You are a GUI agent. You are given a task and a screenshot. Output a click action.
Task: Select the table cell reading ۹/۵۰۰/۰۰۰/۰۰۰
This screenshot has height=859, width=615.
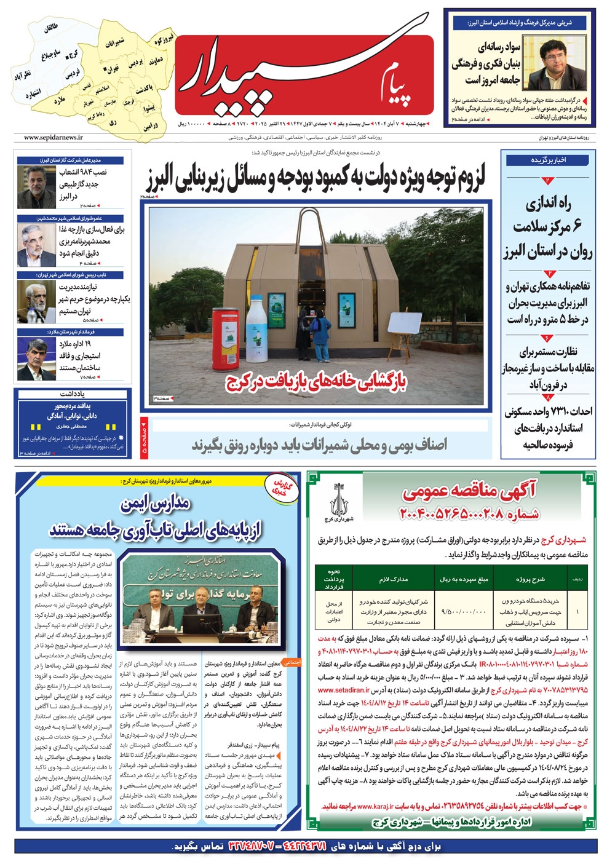tap(463, 611)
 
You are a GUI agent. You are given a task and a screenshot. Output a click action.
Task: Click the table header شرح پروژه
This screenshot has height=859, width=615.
tap(531, 579)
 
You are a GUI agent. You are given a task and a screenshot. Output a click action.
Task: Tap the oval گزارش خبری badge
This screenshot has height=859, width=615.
tap(284, 489)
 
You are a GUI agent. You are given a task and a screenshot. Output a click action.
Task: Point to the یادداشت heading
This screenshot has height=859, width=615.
tap(73, 394)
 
